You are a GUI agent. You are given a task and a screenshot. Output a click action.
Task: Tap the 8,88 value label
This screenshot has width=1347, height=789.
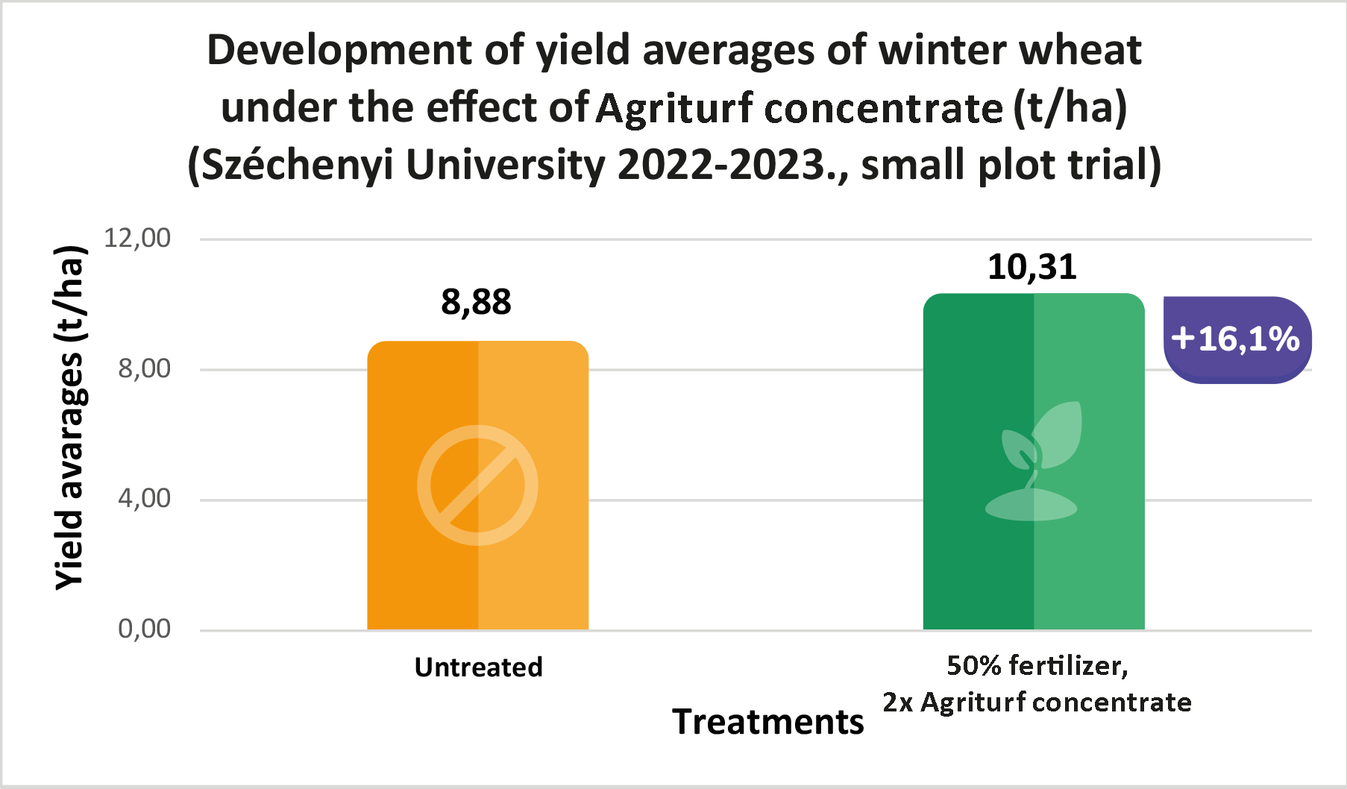[476, 302]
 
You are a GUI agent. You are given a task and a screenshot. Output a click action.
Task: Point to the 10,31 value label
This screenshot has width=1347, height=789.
[1032, 267]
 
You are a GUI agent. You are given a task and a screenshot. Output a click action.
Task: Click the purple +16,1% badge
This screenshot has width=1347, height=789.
[1237, 339]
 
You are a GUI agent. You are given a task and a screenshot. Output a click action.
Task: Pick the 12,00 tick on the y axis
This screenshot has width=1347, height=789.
[137, 239]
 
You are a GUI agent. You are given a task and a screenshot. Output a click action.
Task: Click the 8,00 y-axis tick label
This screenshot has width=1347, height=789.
[144, 368]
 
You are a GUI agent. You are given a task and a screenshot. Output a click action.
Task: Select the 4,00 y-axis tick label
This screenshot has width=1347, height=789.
[144, 498]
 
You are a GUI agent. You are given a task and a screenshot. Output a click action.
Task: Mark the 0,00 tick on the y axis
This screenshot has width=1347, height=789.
[144, 629]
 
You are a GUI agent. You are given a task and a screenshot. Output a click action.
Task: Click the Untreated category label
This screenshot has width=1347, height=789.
[478, 667]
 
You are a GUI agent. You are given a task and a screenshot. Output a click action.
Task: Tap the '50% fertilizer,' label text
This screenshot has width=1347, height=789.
[1037, 665]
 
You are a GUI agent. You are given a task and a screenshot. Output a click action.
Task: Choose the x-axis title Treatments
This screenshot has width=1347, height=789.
[767, 722]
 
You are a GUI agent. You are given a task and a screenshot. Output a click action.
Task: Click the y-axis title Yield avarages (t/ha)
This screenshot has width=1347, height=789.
[71, 418]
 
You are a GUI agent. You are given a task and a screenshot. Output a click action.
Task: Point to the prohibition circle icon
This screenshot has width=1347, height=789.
[477, 485]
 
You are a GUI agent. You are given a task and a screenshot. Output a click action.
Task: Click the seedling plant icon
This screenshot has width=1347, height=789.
[1037, 462]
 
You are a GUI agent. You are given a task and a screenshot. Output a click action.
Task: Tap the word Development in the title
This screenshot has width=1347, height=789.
[339, 51]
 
